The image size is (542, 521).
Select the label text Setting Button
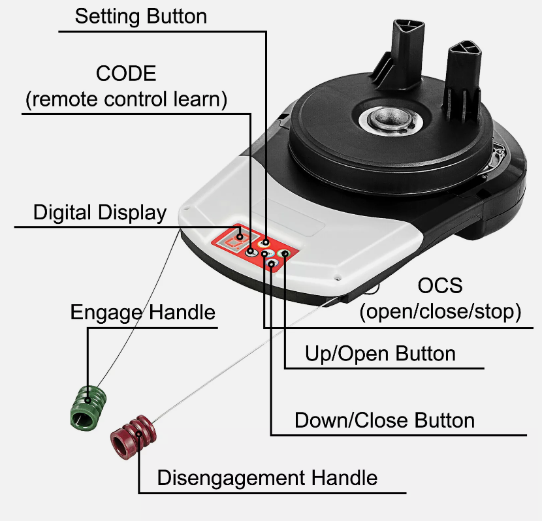click(140, 16)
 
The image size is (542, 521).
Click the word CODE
click(126, 73)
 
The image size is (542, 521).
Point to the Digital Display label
click(100, 213)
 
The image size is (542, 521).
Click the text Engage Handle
click(142, 312)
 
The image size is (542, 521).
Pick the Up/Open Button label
click(380, 354)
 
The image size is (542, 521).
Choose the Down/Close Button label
click(385, 420)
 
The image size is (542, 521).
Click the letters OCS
click(440, 285)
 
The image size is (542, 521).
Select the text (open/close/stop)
click(440, 312)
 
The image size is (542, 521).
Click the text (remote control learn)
click(126, 99)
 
